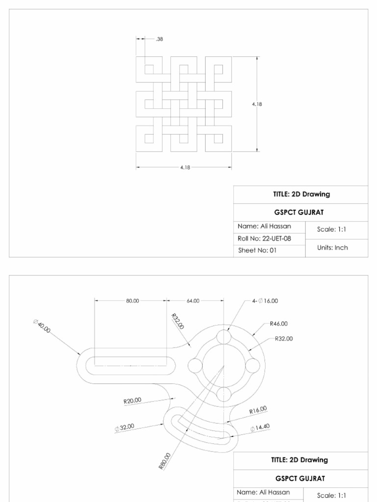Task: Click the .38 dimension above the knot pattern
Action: tap(159, 39)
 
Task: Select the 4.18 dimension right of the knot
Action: tap(257, 104)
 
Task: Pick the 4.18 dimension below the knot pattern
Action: tap(185, 167)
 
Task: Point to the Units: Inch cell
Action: tap(332, 248)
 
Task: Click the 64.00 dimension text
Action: tap(193, 301)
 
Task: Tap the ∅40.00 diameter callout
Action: tap(42, 326)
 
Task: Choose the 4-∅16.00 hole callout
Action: tap(265, 301)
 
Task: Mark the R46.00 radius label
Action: tap(278, 324)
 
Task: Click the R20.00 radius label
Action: tap(132, 401)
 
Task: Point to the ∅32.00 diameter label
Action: tap(124, 427)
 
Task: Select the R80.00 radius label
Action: tap(165, 462)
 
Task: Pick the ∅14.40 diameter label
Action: tap(260, 427)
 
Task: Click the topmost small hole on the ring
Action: tap(223, 337)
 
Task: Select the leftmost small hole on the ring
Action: tap(195, 366)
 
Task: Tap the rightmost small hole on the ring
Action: tap(252, 366)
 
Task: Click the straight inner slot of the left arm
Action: tap(130, 366)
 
